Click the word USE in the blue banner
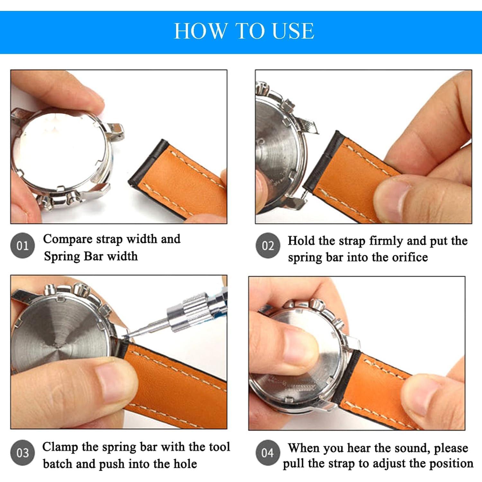click(293, 31)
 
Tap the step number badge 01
click(22, 246)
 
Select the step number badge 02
click(268, 246)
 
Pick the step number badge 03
click(22, 453)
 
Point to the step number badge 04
click(268, 453)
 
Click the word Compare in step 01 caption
click(68, 239)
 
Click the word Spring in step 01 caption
click(62, 256)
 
